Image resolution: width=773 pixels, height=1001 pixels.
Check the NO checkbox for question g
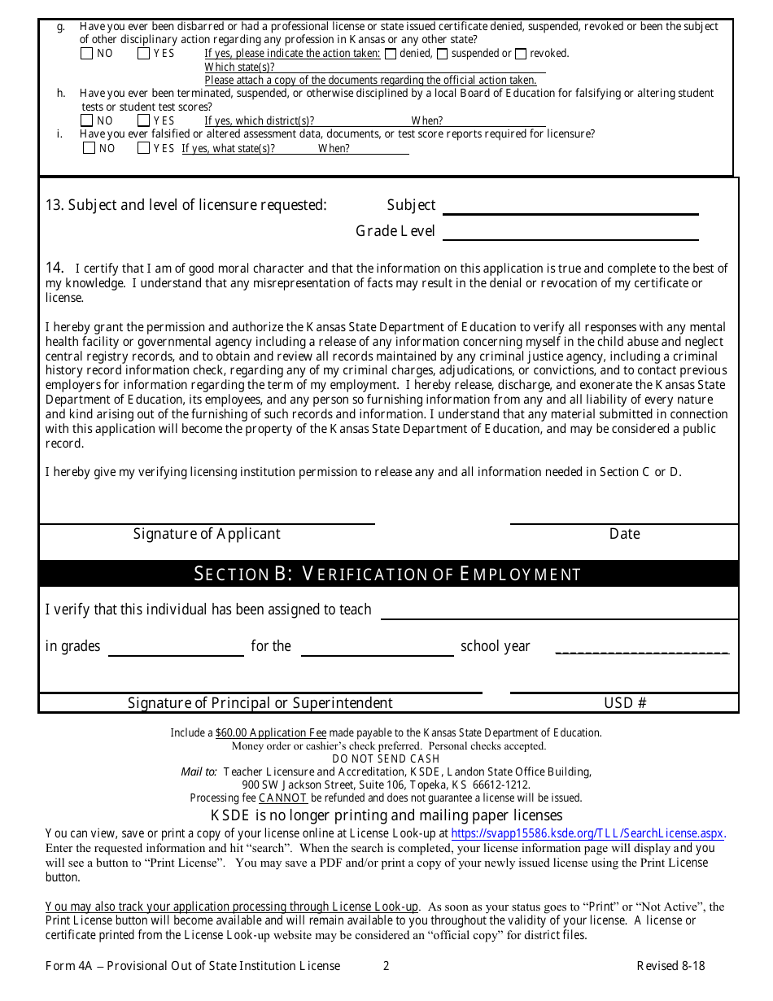click(87, 54)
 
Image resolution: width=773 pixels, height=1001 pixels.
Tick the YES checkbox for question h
click(143, 120)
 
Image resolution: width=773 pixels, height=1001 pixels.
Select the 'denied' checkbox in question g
click(391, 55)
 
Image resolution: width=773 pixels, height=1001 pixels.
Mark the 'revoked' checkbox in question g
click(521, 55)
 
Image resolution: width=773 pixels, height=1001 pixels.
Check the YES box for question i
click(143, 148)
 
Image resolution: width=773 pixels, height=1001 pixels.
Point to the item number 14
click(55, 268)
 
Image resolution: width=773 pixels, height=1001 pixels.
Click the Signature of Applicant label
click(207, 534)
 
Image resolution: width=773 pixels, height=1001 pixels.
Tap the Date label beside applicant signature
click(624, 534)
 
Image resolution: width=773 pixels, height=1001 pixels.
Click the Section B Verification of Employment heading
click(387, 574)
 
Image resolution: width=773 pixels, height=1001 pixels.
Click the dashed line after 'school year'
click(642, 651)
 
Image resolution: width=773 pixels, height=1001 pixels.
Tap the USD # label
click(625, 703)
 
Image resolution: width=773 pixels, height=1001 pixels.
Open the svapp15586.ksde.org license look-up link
click(587, 833)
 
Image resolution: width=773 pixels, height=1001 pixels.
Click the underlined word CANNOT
click(282, 798)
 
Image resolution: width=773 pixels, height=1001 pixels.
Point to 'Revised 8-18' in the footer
click(670, 966)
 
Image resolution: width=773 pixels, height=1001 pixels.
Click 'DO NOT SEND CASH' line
click(386, 758)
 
